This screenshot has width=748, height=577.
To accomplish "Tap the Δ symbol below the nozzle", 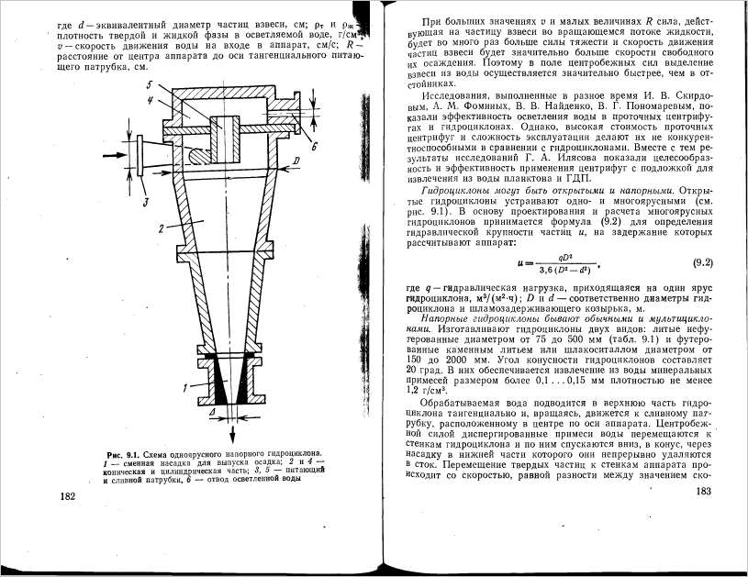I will click(212, 415).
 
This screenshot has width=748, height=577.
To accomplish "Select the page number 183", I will click(704, 493).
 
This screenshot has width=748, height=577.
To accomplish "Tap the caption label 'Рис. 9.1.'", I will click(123, 454).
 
